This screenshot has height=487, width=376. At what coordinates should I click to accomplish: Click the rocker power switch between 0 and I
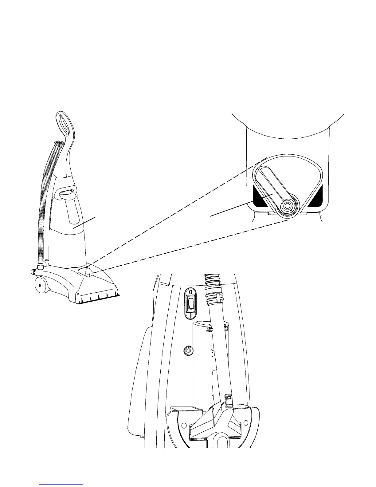[x=191, y=303]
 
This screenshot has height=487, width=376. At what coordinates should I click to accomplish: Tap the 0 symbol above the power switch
[x=191, y=291]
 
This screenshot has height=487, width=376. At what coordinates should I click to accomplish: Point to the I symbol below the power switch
[x=191, y=315]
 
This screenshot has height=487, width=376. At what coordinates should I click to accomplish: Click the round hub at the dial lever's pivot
[x=288, y=205]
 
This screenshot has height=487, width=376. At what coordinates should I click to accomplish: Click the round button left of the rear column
[x=188, y=350]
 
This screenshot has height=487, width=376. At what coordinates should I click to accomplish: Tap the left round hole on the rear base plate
[x=184, y=425]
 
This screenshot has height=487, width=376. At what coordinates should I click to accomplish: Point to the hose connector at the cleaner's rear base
[x=40, y=264]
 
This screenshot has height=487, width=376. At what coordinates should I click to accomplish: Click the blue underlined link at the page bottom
[x=61, y=484]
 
